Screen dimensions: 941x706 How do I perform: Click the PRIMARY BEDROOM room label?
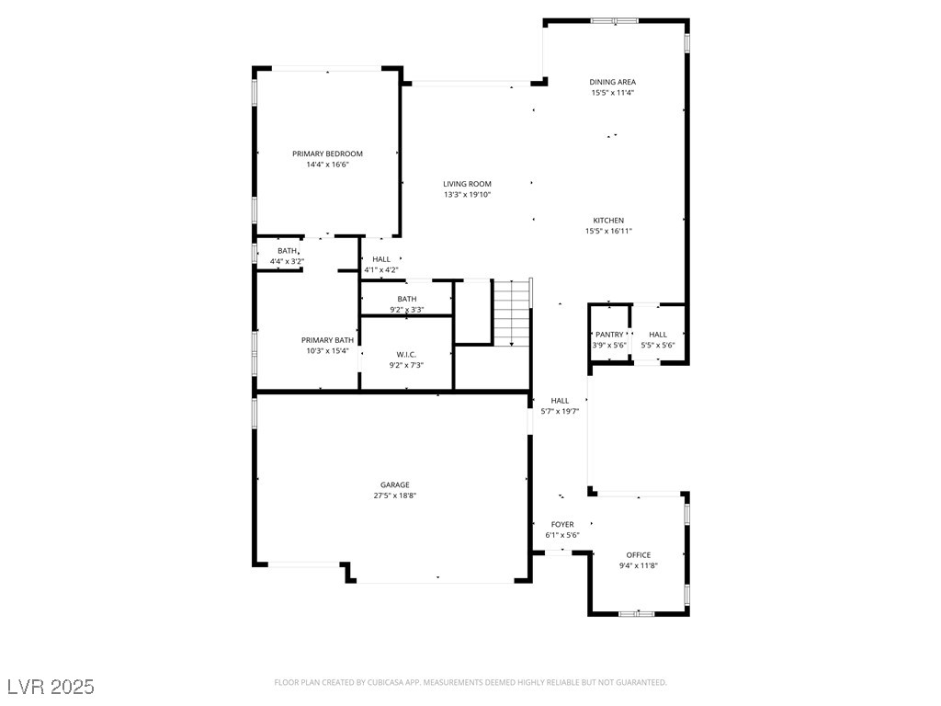point(328,154)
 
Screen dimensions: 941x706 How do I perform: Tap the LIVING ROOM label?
point(468,184)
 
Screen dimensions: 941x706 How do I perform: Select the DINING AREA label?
point(613,82)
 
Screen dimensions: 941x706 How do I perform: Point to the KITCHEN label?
point(608,221)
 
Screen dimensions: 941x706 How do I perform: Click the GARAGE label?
point(395,484)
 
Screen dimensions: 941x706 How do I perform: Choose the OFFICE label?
point(639,554)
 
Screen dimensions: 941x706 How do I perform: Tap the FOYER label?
point(562,524)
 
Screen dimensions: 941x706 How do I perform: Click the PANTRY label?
point(610,335)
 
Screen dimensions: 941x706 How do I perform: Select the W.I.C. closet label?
point(406,354)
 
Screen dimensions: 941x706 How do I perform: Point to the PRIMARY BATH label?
point(328,340)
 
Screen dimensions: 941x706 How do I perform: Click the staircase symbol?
point(512,313)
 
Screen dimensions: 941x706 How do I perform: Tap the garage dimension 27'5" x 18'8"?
point(395,495)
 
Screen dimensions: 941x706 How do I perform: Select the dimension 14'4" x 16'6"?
point(328,165)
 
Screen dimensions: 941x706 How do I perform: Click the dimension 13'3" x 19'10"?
point(468,195)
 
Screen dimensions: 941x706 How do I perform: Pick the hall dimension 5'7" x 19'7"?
point(560,411)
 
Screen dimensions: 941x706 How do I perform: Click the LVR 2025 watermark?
point(51,686)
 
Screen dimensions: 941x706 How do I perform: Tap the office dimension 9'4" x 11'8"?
point(639,565)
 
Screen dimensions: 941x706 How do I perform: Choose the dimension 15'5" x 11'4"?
point(613,93)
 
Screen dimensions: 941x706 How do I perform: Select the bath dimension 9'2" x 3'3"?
point(407,310)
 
